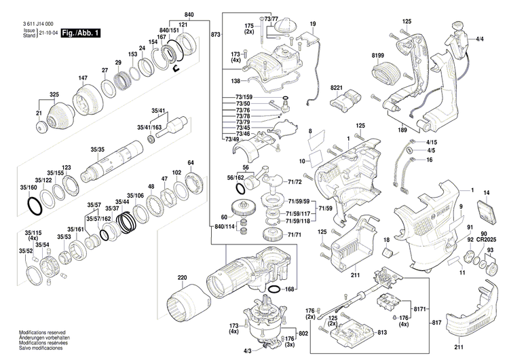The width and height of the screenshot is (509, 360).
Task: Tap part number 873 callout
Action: pyautogui.click(x=216, y=34)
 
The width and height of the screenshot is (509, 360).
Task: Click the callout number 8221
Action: pyautogui.click(x=337, y=89)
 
